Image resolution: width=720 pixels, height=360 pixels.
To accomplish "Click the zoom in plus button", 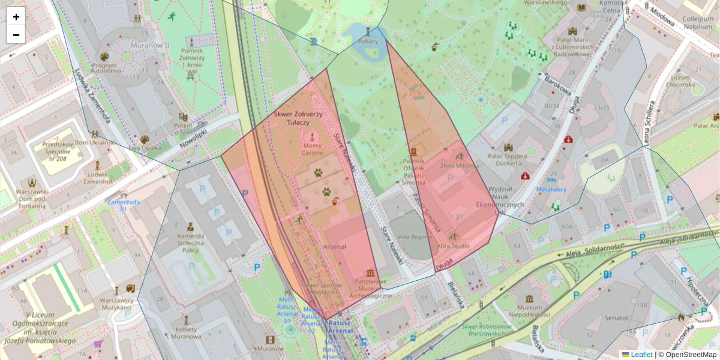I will point(16,17).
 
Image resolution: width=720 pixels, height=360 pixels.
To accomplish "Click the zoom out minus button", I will point(16,34).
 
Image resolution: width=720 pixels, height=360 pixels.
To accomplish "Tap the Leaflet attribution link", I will point(641,355).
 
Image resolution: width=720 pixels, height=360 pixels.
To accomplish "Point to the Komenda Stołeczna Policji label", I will point(190,244).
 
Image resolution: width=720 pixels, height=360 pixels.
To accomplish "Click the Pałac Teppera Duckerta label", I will point(508,160).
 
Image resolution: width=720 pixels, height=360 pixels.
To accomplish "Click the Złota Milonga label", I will point(458,165).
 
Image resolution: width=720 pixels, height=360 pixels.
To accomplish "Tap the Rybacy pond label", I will point(367,41).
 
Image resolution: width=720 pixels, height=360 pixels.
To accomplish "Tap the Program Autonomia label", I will point(105,67).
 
